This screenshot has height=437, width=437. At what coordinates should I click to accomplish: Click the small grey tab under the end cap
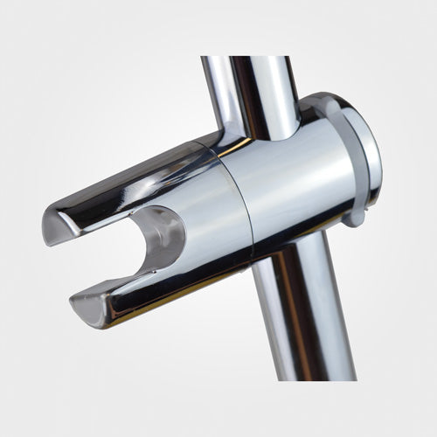point(355,214)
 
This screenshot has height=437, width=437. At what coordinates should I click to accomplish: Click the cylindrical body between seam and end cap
point(288,184)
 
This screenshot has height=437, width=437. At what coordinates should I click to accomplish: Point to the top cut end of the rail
point(249,58)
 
